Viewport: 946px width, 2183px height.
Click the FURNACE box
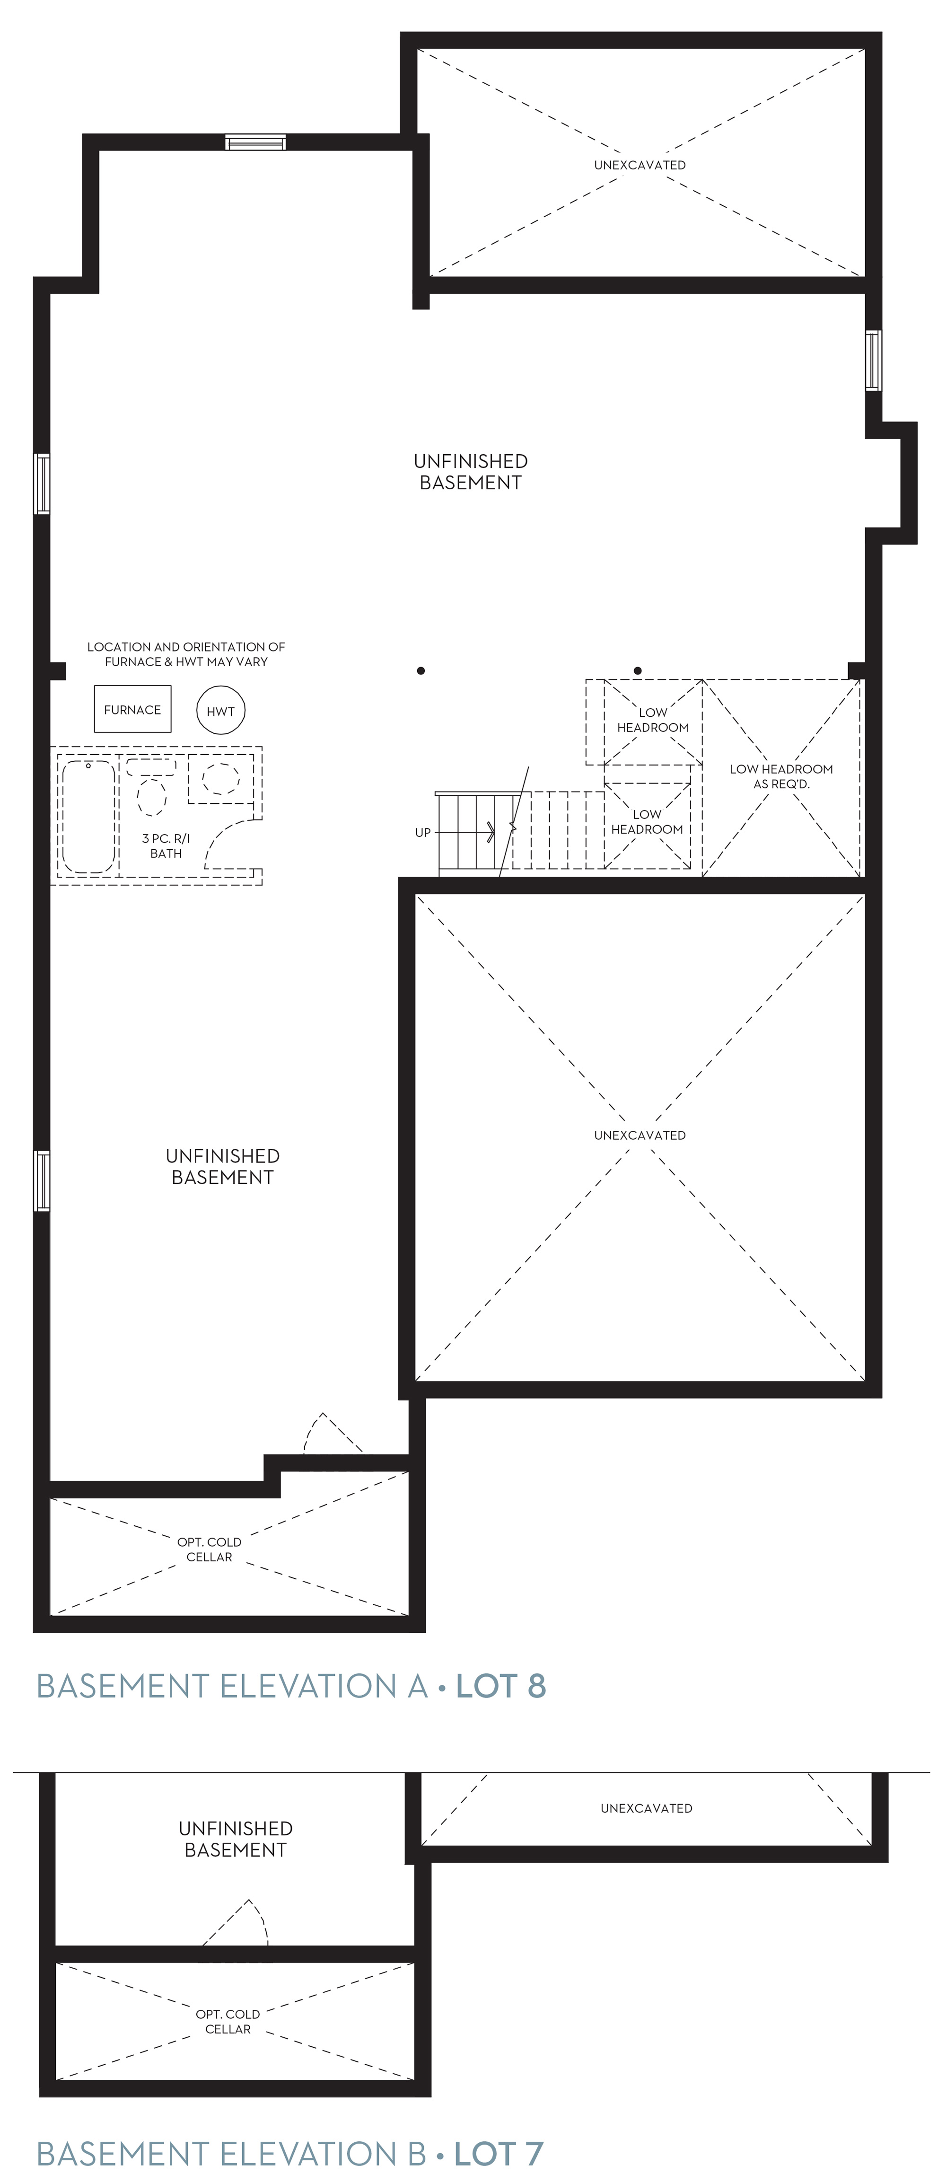pyautogui.click(x=132, y=708)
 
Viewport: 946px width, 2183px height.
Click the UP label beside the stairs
pyautogui.click(x=422, y=832)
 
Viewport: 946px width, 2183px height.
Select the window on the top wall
pyautogui.click(x=256, y=142)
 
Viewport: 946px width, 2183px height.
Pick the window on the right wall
pyautogui.click(x=873, y=360)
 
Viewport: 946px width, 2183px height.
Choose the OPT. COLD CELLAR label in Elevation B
pyautogui.click(x=228, y=2021)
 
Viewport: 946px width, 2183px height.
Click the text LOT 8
pyautogui.click(x=500, y=1686)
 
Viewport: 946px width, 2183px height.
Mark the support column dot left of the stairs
pyautogui.click(x=421, y=670)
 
